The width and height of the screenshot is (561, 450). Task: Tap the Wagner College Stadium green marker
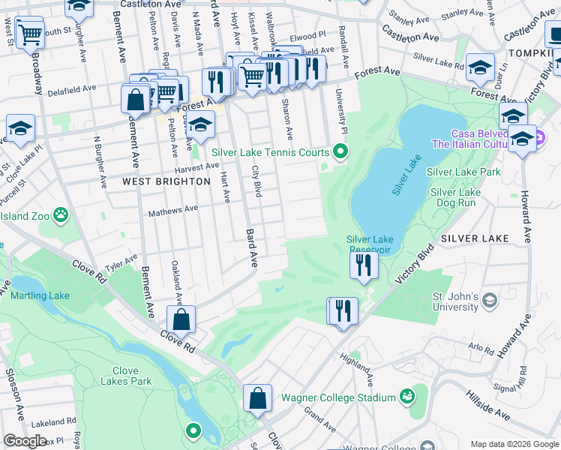tap(407, 395)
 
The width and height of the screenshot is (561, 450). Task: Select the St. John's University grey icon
tap(490, 301)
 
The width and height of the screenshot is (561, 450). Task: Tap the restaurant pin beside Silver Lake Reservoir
tap(364, 265)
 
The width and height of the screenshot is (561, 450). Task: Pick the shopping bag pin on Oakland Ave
tap(181, 319)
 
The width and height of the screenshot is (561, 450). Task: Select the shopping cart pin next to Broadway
tap(29, 34)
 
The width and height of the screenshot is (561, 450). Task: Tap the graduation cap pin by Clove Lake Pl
tap(20, 128)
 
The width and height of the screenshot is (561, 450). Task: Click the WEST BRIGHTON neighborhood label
tap(156, 181)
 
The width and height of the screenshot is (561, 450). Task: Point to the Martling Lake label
tap(40, 295)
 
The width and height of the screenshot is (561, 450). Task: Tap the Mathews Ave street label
tap(172, 210)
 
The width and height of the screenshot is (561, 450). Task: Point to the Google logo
tap(24, 441)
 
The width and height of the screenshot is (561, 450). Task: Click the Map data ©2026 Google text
tap(513, 443)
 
